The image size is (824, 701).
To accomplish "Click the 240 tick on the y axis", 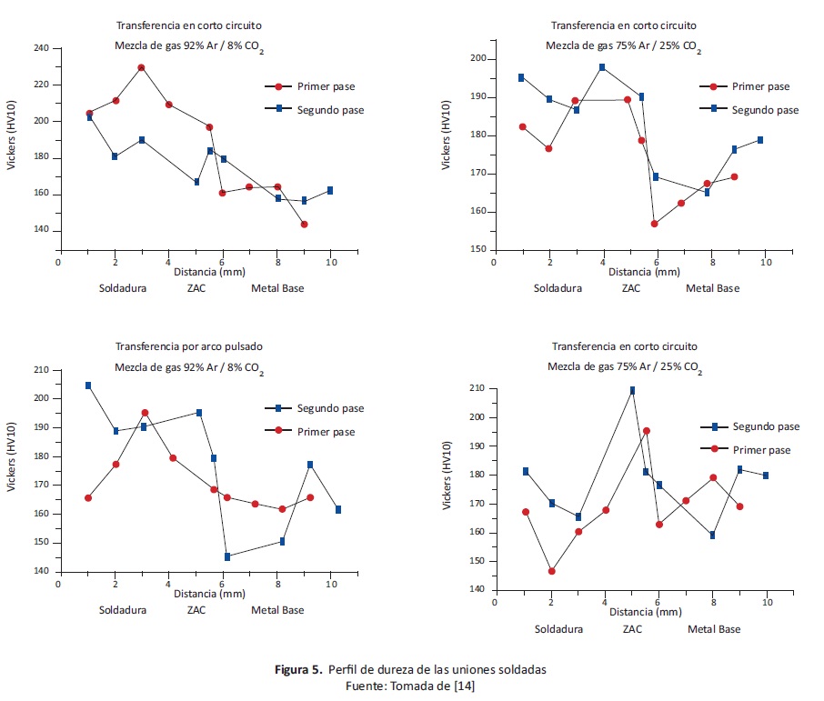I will [42, 48].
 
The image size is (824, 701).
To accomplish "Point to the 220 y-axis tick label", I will [42, 85].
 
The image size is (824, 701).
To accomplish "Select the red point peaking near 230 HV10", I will [141, 67].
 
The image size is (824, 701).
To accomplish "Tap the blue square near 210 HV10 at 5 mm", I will [632, 390].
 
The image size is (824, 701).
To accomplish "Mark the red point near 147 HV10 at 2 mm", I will [551, 571].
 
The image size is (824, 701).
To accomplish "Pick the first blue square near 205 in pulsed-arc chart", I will [88, 386].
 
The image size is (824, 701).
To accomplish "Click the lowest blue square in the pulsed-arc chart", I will [227, 556].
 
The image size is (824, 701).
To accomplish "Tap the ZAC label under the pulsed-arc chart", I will [196, 609].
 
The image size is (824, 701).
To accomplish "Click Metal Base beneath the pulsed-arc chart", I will [277, 609].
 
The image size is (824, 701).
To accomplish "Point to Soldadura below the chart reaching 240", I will [124, 288].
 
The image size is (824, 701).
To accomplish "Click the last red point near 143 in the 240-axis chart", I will [304, 224].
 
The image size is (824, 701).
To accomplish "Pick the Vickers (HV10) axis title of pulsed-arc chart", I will [12, 470].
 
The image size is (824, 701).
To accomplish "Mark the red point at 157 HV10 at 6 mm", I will [654, 224].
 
